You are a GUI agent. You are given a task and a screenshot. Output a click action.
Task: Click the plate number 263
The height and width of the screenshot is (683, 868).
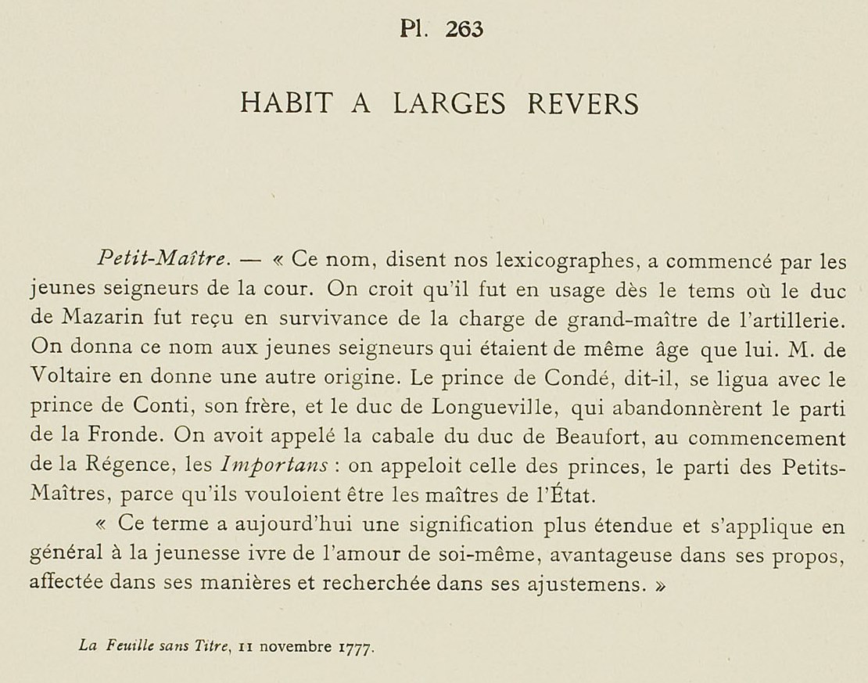pos(464,29)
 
